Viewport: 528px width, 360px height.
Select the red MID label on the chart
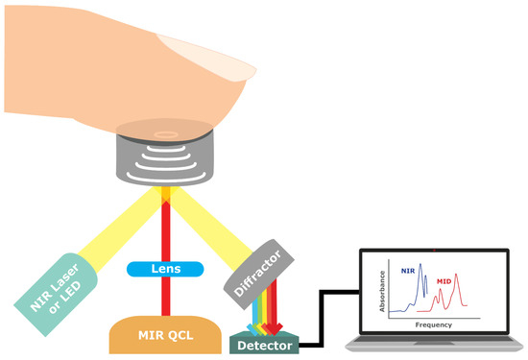444,281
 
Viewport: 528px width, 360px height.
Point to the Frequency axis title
434,324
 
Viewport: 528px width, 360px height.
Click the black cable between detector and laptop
326,317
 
